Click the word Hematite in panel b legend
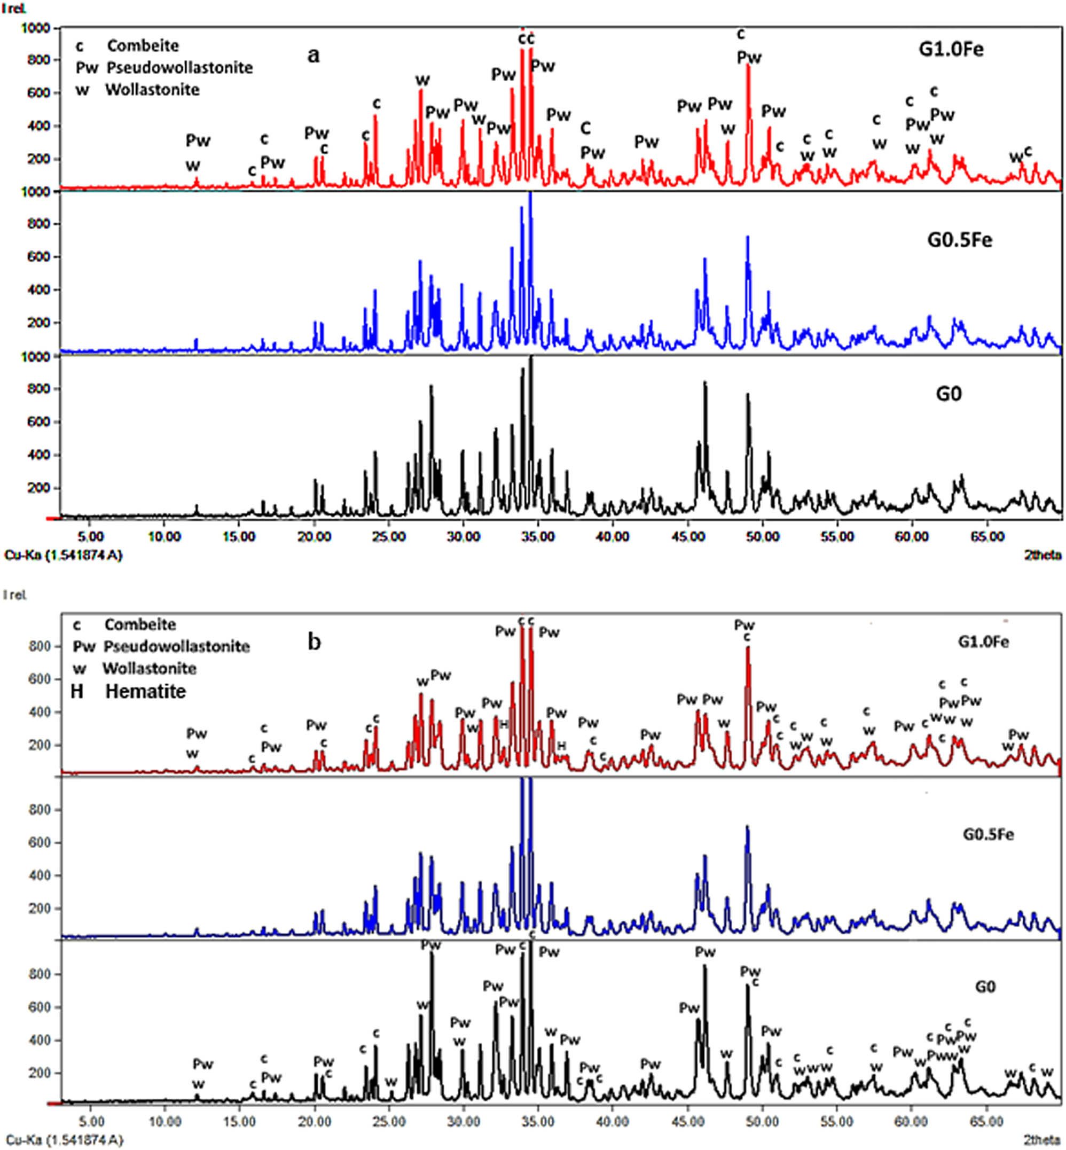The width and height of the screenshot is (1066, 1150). tap(145, 691)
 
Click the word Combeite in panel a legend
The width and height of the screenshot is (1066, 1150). tap(143, 45)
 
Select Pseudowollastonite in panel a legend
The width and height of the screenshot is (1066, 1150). tap(179, 67)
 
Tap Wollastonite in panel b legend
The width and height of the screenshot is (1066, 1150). tap(150, 668)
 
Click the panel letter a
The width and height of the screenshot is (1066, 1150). tap(313, 56)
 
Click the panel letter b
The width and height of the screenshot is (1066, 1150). tap(314, 642)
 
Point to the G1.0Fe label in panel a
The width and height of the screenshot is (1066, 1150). tap(951, 50)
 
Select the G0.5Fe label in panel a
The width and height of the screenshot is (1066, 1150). tap(959, 239)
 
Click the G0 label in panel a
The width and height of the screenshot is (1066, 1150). tap(949, 394)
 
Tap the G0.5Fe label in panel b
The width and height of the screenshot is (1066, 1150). tap(988, 834)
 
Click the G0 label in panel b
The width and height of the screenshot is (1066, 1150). tap(985, 987)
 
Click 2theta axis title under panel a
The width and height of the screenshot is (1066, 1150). tap(1043, 555)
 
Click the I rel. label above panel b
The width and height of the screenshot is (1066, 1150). tap(15, 595)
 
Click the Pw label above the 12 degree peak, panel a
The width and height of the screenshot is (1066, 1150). tap(198, 140)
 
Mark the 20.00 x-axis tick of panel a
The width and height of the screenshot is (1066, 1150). tap(315, 537)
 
